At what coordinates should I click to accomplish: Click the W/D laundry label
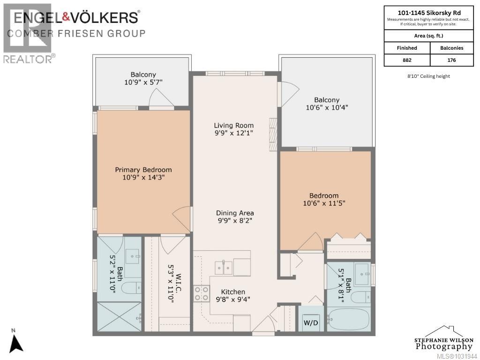(311, 322)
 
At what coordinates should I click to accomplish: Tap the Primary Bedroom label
(143, 170)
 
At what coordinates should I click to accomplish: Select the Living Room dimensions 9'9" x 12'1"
(233, 133)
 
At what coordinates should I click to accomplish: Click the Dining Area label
(235, 213)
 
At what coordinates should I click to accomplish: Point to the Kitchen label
(233, 292)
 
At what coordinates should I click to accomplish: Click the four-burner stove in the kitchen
(202, 293)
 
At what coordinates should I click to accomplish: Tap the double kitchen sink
(224, 268)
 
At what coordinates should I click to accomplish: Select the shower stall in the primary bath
(120, 316)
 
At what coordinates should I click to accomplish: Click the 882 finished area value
(407, 60)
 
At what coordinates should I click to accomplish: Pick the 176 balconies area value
(451, 60)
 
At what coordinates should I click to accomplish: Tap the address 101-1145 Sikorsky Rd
(429, 13)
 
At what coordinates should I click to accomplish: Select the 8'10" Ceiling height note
(428, 76)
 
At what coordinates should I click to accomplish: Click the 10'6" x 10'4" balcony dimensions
(327, 107)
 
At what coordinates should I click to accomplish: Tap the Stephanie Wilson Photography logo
(443, 338)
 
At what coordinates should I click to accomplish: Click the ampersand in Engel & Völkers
(66, 17)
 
